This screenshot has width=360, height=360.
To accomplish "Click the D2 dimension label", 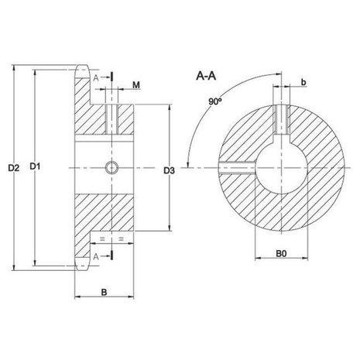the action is tap(14, 168).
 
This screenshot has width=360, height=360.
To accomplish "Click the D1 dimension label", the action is tap(35, 166).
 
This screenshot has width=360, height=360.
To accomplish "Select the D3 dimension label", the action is tap(170, 170).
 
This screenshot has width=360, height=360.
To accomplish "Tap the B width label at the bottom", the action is tap(104, 293).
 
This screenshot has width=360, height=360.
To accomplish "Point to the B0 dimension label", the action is tap(281, 253).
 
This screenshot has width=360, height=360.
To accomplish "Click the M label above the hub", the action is tap(136, 85).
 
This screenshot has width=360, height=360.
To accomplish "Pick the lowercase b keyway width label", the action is tap(303, 82).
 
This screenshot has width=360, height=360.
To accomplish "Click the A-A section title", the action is tap(206, 76).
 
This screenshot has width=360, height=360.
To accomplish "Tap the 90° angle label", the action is tap(215, 101).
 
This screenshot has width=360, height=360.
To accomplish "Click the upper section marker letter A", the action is tap(96, 78).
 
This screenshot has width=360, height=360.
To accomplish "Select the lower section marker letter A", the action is tap(96, 257).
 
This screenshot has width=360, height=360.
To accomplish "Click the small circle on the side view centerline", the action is tap(111, 168).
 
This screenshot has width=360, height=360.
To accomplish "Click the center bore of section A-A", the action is tap(281, 168).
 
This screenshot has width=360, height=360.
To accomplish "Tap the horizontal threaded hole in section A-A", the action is tap(237, 168).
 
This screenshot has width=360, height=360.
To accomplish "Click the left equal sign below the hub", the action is tap(102, 239).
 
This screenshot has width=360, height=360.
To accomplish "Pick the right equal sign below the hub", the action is tap(122, 239).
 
